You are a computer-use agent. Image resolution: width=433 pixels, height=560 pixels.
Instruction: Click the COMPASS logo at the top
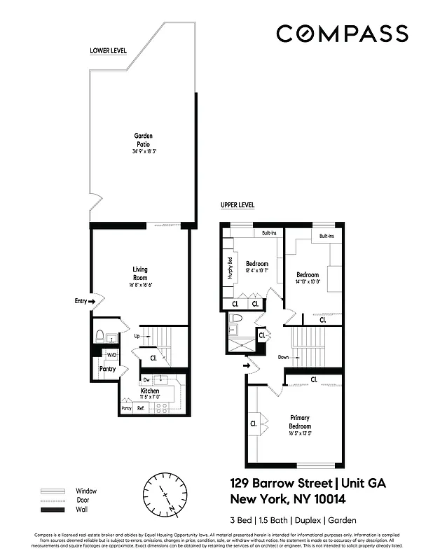[x=341, y=34]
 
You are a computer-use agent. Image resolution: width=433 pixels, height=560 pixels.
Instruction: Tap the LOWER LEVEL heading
[x=108, y=51]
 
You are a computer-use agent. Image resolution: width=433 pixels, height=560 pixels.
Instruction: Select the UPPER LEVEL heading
[x=238, y=205]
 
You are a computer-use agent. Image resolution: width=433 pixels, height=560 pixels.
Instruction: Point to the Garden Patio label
[x=143, y=140]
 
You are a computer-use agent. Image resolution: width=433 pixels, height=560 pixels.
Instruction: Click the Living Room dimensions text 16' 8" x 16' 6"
[x=140, y=285]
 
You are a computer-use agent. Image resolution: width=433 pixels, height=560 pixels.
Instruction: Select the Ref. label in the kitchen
[x=140, y=407]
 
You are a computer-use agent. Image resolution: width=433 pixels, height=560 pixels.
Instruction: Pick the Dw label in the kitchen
[x=146, y=380]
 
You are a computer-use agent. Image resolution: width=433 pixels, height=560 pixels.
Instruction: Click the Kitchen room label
[x=149, y=391]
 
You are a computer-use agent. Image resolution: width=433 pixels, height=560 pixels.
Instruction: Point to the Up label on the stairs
[x=137, y=336]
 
